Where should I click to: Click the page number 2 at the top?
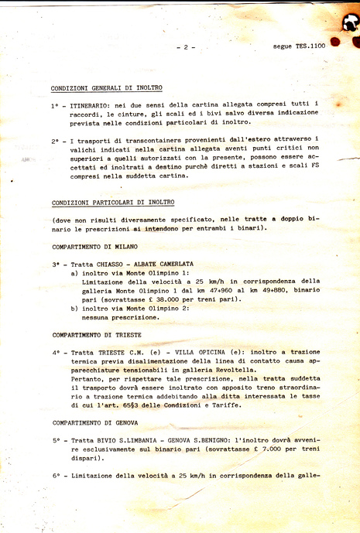coord(185,47)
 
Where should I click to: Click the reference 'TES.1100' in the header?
coord(310,46)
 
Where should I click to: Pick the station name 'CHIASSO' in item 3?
coord(109,264)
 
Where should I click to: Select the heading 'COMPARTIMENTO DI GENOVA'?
coord(95,422)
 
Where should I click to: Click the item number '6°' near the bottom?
coord(57,476)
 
